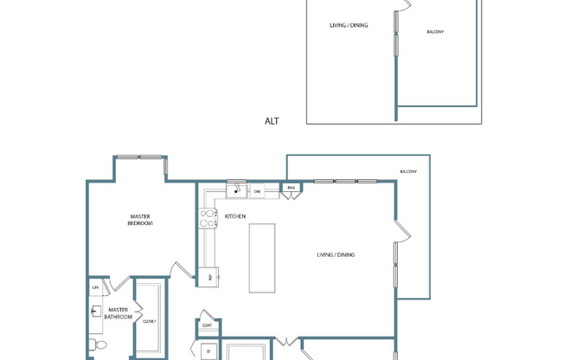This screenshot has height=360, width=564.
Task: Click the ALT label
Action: click(272, 122)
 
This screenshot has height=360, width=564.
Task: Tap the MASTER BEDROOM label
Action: click(141, 220)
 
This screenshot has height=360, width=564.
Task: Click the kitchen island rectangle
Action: click(262, 258)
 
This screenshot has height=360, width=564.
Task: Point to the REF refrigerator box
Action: click(210, 277)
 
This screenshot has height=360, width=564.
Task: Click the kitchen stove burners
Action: click(208, 219)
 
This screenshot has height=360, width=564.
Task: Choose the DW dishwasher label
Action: click(257, 191)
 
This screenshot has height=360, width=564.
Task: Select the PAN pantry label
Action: click(292, 188)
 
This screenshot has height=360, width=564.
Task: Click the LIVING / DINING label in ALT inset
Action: click(349, 25)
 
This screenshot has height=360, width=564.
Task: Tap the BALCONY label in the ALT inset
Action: click(435, 33)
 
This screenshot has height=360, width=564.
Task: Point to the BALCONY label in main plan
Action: click(408, 171)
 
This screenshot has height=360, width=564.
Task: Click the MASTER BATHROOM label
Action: click(117, 313)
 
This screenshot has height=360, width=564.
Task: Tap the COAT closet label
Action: click(208, 325)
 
